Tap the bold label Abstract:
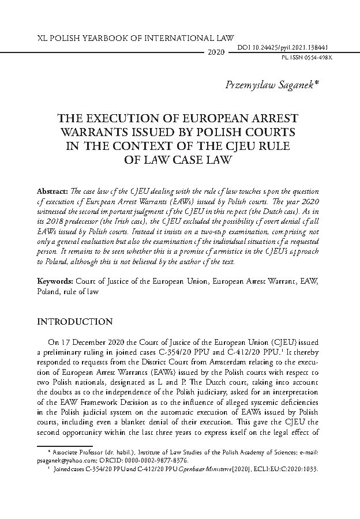point(53,190)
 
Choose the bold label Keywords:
point(54,281)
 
